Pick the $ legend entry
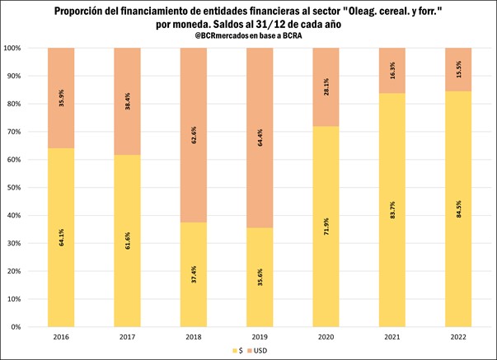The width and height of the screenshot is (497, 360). coord(237,352)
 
